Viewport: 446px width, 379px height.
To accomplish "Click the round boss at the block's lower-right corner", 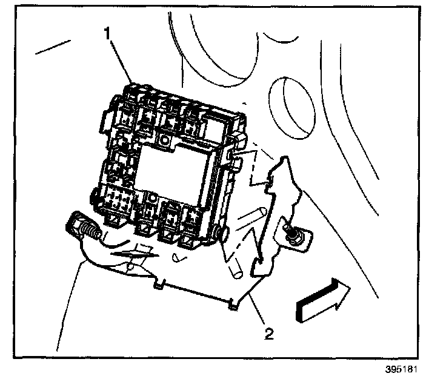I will [x=219, y=233].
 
